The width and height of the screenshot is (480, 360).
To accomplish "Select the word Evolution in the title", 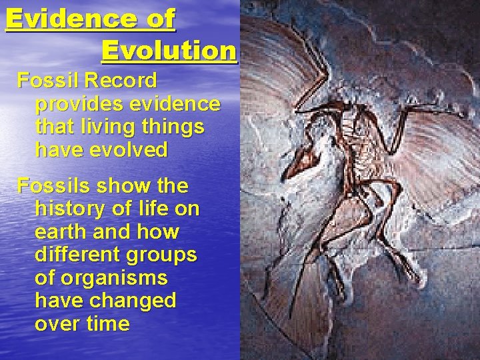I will (169, 51).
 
